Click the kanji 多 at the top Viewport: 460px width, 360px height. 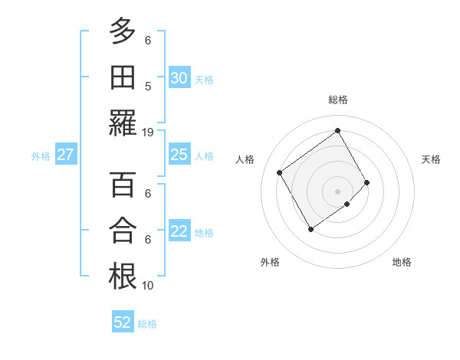pyautogui.click(x=123, y=33)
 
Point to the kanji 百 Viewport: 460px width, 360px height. pyautogui.click(x=123, y=186)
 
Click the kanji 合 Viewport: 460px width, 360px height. pyautogui.click(x=123, y=231)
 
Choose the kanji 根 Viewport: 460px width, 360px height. pyautogui.click(x=123, y=276)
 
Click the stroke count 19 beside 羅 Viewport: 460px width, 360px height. pyautogui.click(x=148, y=132)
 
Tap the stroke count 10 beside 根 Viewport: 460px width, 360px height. pyautogui.click(x=148, y=285)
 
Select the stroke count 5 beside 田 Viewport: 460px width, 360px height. pyautogui.click(x=148, y=86)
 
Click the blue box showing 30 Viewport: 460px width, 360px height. pyautogui.click(x=179, y=77)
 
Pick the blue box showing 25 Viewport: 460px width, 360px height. pyautogui.click(x=179, y=155)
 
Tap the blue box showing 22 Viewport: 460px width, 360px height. pyautogui.click(x=179, y=232)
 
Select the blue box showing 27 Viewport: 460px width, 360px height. pyautogui.click(x=66, y=155)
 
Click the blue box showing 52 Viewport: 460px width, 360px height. pyautogui.click(x=123, y=322)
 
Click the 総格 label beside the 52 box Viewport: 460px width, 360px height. pyautogui.click(x=147, y=324)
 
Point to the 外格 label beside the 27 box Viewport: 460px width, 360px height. pyautogui.click(x=41, y=156)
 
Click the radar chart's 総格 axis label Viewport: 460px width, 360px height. pyautogui.click(x=337, y=100)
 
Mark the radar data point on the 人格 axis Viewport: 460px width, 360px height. pyautogui.click(x=280, y=172)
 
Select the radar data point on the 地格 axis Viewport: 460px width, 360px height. pyautogui.click(x=347, y=204)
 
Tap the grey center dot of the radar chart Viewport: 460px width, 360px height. pyautogui.click(x=337, y=190)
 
